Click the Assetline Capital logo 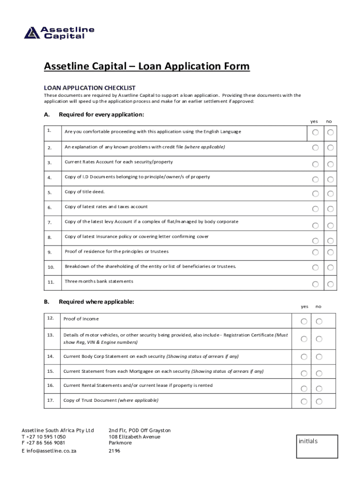59,33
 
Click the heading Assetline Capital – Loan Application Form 147,67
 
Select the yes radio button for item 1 316,133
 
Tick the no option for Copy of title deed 331,194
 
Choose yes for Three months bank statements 316,284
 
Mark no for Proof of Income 319,321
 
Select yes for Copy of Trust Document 304,401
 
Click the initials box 317,446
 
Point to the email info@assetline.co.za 49,451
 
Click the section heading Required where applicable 96,302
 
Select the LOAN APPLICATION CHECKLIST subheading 89,87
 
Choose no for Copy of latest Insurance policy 331,240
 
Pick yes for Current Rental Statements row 304,389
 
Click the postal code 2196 115,451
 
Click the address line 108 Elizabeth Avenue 134,436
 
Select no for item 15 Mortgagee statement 319,373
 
